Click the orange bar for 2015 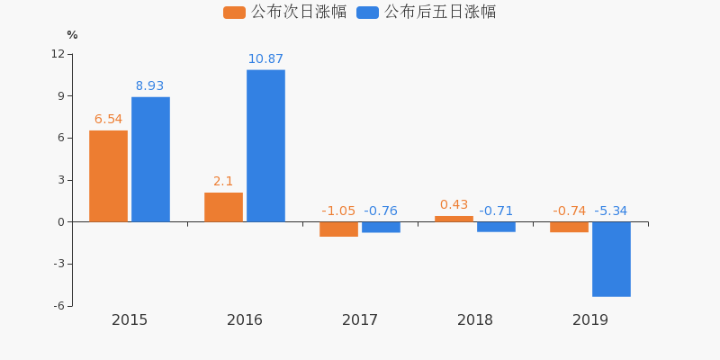click(x=108, y=176)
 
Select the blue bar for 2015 click(x=150, y=159)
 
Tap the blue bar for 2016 click(x=265, y=146)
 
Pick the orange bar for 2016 click(x=223, y=207)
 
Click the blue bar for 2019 click(x=611, y=259)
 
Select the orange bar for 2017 click(x=338, y=229)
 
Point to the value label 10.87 click(x=265, y=59)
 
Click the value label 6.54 click(x=108, y=120)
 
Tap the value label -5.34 click(x=611, y=211)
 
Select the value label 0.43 click(x=454, y=205)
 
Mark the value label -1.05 click(x=338, y=211)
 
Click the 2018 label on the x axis click(x=475, y=320)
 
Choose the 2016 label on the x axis click(x=245, y=320)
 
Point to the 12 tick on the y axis click(x=58, y=54)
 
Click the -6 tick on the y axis click(x=58, y=306)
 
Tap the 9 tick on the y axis click(x=60, y=96)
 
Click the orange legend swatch click(x=234, y=13)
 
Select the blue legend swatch click(x=367, y=13)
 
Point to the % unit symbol click(x=72, y=35)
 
